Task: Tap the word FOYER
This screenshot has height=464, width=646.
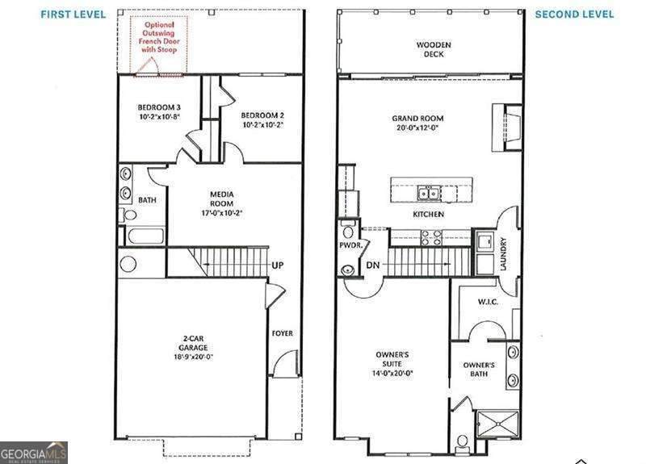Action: click(x=282, y=333)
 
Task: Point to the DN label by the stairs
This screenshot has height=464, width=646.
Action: click(x=373, y=265)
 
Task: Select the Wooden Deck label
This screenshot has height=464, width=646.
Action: click(x=434, y=49)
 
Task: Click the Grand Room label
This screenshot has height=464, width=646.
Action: click(x=414, y=122)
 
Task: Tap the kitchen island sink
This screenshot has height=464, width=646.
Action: click(x=428, y=193)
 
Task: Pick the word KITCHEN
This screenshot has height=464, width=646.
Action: click(x=428, y=215)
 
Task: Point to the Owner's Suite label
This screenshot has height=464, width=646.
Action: click(x=392, y=360)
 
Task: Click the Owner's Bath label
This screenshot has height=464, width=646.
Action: click(x=484, y=370)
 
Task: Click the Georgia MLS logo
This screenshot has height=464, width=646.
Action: click(x=34, y=452)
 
